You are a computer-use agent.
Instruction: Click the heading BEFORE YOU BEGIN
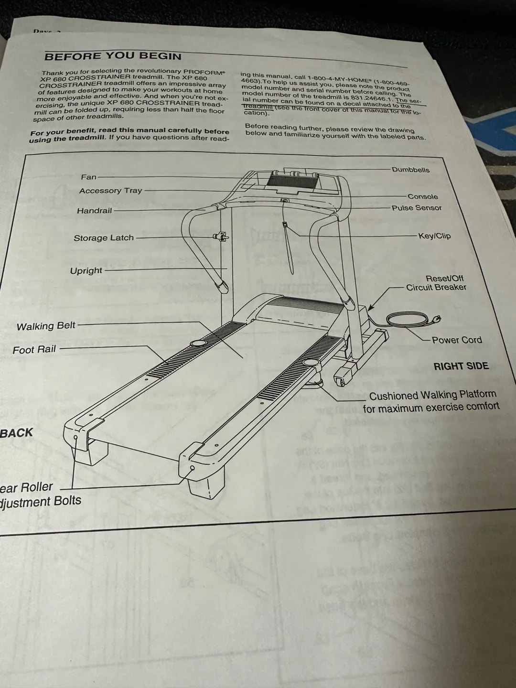(x=113, y=56)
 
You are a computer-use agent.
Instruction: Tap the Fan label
(x=89, y=177)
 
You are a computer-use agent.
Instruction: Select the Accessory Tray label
(x=111, y=191)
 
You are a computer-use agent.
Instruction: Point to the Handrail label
(x=95, y=211)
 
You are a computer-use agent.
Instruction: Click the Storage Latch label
(x=104, y=238)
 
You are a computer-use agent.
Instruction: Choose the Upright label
(x=86, y=270)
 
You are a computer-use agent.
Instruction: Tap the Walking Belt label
(x=46, y=326)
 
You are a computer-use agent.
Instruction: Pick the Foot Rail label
(x=34, y=350)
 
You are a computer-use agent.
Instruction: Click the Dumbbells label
(x=410, y=170)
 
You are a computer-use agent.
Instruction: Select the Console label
(x=422, y=196)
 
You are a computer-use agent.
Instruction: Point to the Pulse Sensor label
(x=417, y=208)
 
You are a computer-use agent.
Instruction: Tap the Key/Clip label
(x=434, y=236)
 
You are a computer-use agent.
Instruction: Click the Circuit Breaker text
(x=436, y=287)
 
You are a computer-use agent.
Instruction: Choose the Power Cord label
(x=457, y=340)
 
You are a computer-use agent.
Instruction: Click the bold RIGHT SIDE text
(x=461, y=366)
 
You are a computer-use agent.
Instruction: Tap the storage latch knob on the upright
(x=221, y=236)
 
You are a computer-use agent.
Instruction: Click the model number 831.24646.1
(x=371, y=98)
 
